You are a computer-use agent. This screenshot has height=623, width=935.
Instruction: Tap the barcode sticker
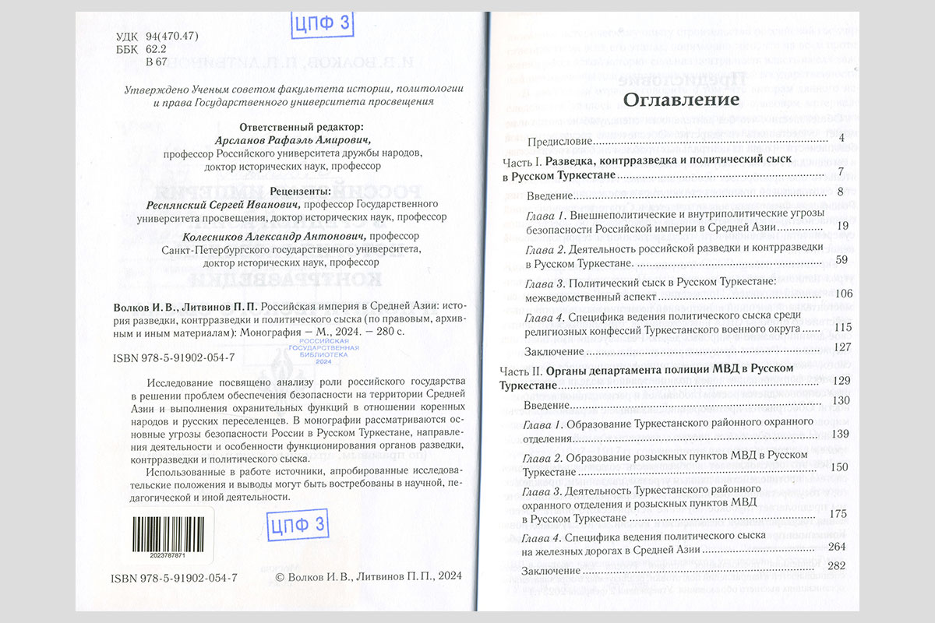tap(164, 538)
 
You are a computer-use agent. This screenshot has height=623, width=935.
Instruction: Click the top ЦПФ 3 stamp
tap(322, 24)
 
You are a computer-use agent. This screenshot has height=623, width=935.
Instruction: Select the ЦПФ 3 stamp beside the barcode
tap(296, 526)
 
